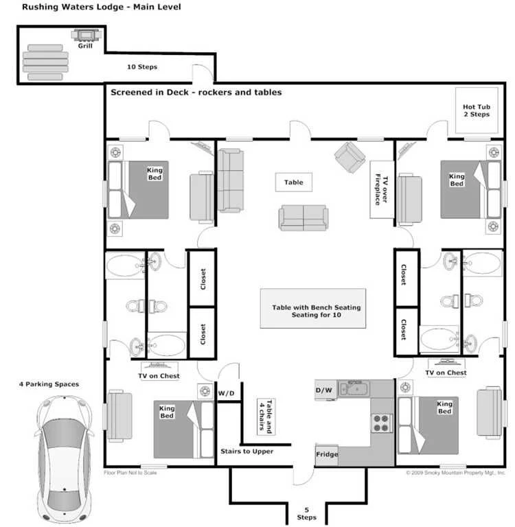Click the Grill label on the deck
85,46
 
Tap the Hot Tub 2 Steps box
477,110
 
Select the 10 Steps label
142,67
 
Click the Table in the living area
294,182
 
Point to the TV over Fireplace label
382,189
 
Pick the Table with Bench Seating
313,308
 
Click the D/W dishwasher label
323,390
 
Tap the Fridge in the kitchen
327,454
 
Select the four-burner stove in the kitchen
382,423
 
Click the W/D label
226,393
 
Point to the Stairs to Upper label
247,452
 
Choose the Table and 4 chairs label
266,417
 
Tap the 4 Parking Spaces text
49,384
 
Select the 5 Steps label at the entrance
306,513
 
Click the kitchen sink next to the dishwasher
354,389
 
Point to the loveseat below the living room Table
304,218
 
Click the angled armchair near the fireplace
350,157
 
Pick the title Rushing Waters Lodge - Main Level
101,7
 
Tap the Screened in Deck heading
196,93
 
